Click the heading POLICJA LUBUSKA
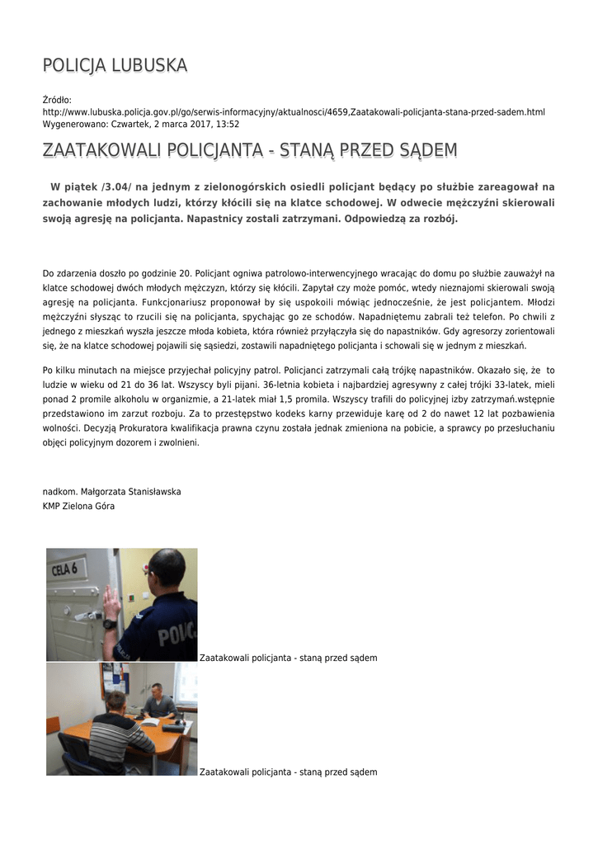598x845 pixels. pos(115,65)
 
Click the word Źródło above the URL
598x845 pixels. pos(57,100)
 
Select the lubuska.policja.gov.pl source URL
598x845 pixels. pos(294,112)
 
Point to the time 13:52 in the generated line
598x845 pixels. pos(227,124)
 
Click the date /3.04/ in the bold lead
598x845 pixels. pos(115,187)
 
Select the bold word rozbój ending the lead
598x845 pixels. pos(437,220)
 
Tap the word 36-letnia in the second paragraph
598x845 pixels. pos(284,385)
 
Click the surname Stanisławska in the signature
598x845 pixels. pos(152,492)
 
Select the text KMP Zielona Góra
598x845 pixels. pos(78,506)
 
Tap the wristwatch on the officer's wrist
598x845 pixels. pos(110,624)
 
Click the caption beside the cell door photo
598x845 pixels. pos(289,658)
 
